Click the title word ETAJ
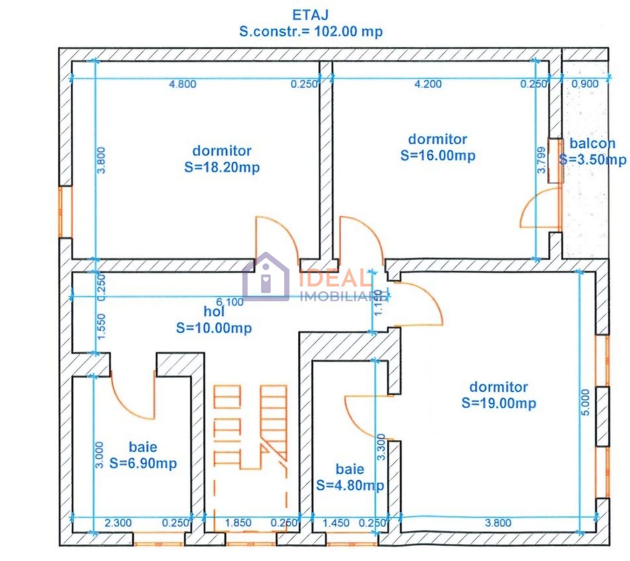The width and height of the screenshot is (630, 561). tap(310, 15)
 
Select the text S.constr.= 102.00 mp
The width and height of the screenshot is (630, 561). tap(311, 31)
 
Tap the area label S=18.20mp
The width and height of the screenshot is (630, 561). tap(222, 167)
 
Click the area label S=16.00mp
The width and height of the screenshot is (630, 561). tap(438, 155)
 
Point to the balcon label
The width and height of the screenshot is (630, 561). tap(592, 143)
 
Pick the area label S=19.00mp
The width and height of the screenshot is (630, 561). tap(499, 403)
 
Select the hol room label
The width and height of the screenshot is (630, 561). tap(214, 312)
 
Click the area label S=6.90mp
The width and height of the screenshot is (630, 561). tap(143, 463)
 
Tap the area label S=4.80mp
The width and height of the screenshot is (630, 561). tap(350, 485)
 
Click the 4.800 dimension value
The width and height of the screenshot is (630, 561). tap(183, 84)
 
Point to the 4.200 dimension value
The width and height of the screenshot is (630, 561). tap(428, 84)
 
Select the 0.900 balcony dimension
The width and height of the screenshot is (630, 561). tap(585, 84)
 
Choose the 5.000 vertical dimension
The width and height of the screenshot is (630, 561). tap(585, 402)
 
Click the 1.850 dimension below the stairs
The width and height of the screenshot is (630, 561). tap(238, 523)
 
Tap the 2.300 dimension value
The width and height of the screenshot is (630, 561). tap(118, 523)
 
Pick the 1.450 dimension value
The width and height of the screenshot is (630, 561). tap(336, 523)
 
